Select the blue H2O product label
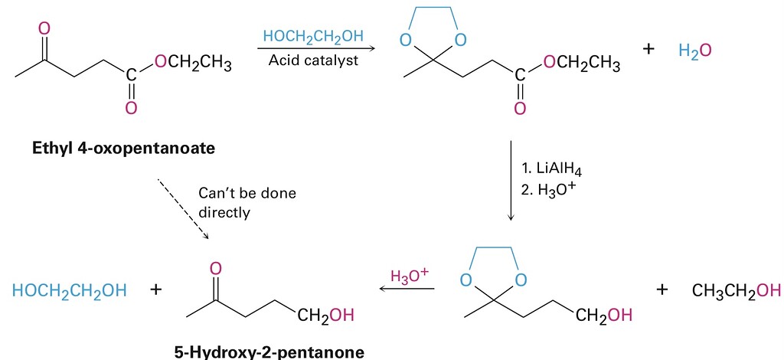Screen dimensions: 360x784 tap(695, 51)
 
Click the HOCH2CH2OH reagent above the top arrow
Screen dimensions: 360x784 tap(313, 37)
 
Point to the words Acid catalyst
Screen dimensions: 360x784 tap(313, 60)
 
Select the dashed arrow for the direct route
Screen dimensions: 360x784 tap(183, 208)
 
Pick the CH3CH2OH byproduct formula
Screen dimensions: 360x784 tap(736, 291)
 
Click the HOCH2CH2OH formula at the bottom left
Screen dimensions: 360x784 tap(69, 291)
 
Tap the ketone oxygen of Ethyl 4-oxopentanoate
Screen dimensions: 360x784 tap(44, 29)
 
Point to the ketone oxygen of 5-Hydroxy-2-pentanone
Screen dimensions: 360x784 tap(216, 268)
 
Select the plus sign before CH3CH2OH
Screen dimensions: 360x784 tap(663, 290)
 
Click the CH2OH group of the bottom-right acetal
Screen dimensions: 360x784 tap(604, 314)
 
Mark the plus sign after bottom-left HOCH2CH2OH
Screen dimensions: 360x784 tap(156, 291)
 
